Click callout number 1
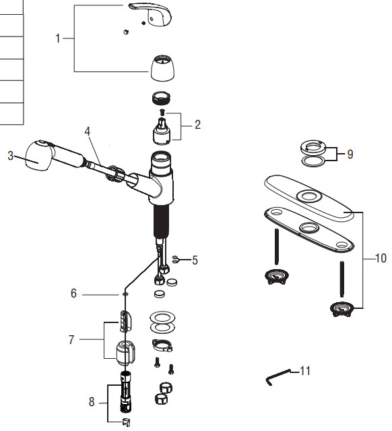58,39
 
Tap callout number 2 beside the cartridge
197,124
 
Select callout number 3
10,156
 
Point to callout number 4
87,132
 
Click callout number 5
195,260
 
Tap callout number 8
92,401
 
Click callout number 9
349,154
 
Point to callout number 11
305,371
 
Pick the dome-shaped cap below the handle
161,67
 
